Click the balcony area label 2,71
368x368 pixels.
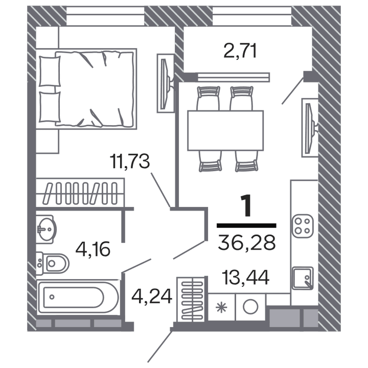coord(240,51)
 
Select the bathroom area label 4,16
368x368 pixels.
coord(93,250)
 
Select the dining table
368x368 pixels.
coord(225,130)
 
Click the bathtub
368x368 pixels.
coord(79,297)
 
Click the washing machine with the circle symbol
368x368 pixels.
coord(250,307)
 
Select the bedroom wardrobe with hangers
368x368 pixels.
coord(80,192)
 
